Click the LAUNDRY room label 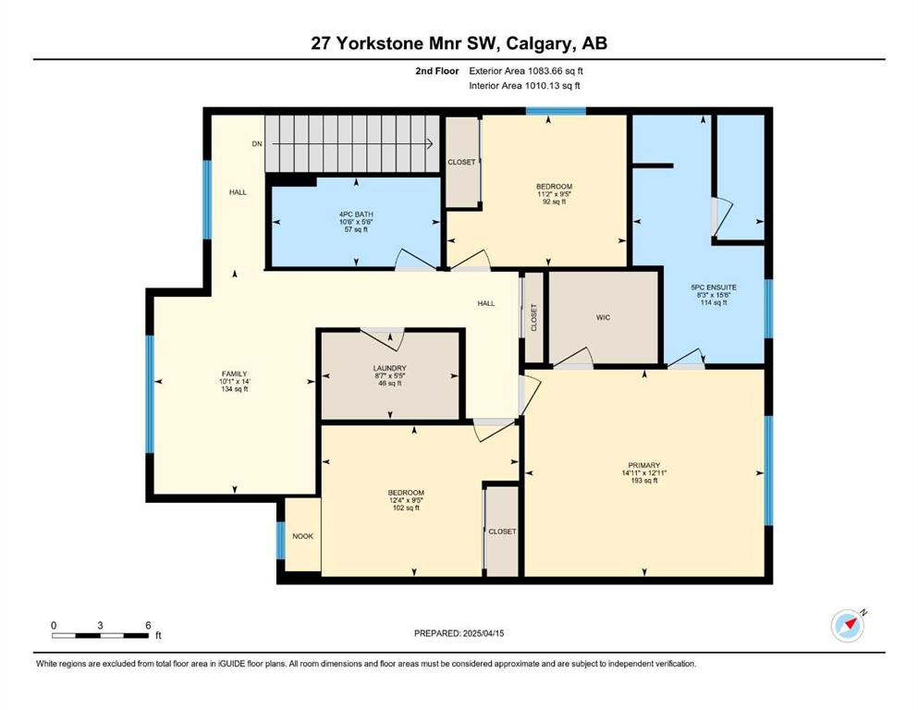pyautogui.click(x=390, y=368)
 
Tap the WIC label pyautogui.click(x=603, y=317)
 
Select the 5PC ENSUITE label pyautogui.click(x=714, y=288)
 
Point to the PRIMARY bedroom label pyautogui.click(x=644, y=465)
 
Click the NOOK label pyautogui.click(x=302, y=536)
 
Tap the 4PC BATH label pyautogui.click(x=356, y=214)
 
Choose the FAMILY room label pyautogui.click(x=234, y=374)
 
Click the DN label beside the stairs pyautogui.click(x=257, y=144)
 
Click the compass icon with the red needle pyautogui.click(x=848, y=626)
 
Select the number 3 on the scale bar pyautogui.click(x=100, y=625)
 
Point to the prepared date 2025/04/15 pyautogui.click(x=483, y=633)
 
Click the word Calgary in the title pyautogui.click(x=539, y=43)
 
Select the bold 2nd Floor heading pyautogui.click(x=437, y=71)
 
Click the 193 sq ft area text pyautogui.click(x=644, y=481)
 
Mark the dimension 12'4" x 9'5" pyautogui.click(x=406, y=500)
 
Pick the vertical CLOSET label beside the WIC pyautogui.click(x=533, y=317)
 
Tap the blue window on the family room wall pyautogui.click(x=150, y=394)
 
